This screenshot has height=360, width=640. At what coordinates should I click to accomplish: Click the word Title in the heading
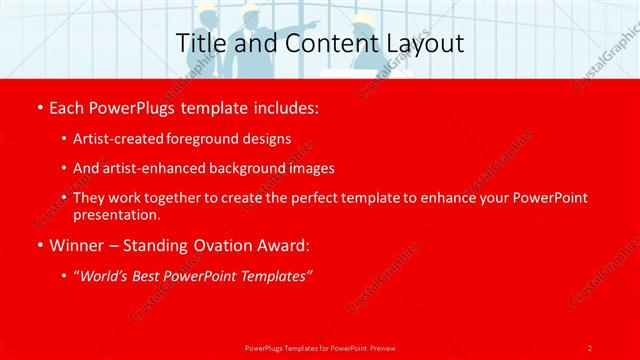pos(201,44)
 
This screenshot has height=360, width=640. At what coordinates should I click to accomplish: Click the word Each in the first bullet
pos(66,107)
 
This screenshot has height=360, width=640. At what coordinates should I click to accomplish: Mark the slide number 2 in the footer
pos(589,348)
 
